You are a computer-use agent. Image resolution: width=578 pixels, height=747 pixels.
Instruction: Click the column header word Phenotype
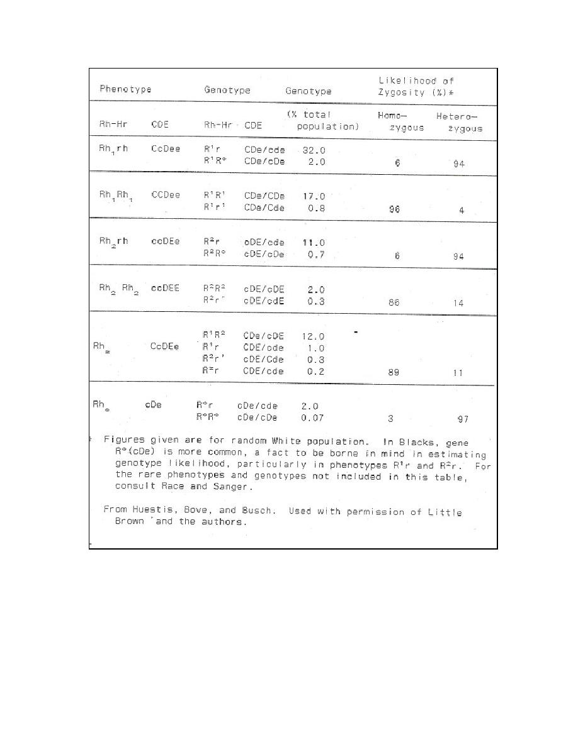tap(125, 89)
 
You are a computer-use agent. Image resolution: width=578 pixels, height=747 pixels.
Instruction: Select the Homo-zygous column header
tap(400, 122)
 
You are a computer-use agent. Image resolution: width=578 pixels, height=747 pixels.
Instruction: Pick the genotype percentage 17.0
tap(314, 196)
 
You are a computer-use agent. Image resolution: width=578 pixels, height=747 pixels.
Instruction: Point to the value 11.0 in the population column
tap(312, 242)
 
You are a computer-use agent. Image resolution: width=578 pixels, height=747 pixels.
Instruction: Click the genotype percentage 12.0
tap(313, 336)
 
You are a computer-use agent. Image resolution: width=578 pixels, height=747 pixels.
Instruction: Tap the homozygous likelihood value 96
tap(394, 209)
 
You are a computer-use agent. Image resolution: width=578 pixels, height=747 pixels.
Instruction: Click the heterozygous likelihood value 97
tap(462, 419)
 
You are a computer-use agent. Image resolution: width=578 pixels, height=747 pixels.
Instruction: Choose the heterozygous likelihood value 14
tap(458, 303)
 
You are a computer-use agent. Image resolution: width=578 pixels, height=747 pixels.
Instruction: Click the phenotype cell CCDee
tap(166, 195)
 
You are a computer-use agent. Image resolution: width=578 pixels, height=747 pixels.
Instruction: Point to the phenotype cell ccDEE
tap(165, 288)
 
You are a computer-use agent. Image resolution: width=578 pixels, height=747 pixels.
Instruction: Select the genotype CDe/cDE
tap(263, 336)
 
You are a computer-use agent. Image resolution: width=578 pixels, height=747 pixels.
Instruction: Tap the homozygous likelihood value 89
tap(395, 372)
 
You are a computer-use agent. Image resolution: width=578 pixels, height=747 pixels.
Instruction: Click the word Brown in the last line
tap(129, 522)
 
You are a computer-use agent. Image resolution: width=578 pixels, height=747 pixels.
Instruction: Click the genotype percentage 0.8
tap(313, 208)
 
